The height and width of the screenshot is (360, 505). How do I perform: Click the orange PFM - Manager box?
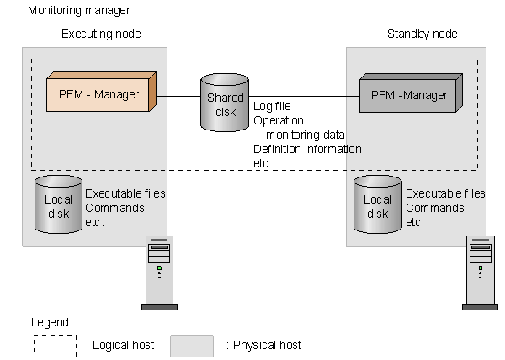coord(99,95)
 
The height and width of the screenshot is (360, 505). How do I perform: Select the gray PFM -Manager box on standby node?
coord(408,96)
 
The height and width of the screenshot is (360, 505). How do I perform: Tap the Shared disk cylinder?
coord(225,104)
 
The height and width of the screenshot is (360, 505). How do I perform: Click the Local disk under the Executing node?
coord(58,204)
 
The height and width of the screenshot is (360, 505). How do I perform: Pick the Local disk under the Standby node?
coord(376,204)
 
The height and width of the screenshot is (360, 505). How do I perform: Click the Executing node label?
coord(101,34)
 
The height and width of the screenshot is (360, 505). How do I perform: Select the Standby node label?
coord(422,34)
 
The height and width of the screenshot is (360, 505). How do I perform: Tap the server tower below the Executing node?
coord(158,273)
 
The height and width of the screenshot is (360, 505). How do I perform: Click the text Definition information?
coord(307,149)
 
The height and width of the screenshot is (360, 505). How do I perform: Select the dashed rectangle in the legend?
coord(54,345)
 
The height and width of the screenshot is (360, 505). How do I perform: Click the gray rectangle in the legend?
coord(191,345)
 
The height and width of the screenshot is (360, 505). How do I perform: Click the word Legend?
coord(51,322)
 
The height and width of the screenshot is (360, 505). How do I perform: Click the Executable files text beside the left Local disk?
coord(125,193)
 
